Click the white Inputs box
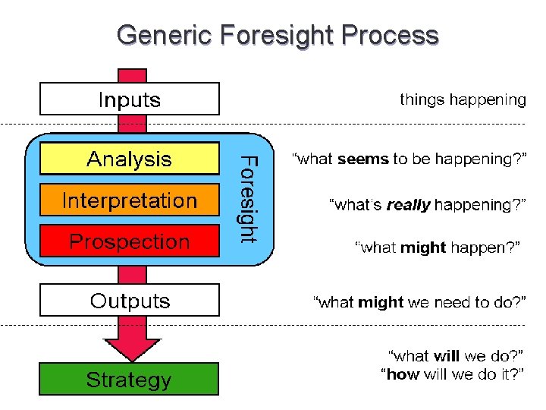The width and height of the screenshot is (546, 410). tap(129, 99)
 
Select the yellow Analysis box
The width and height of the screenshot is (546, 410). tap(129, 159)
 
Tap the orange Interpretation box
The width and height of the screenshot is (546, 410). tap(129, 200)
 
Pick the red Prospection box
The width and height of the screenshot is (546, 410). tap(129, 241)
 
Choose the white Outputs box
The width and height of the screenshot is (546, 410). tap(129, 300)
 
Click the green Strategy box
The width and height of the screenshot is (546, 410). tap(129, 379)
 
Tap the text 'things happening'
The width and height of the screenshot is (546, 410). tap(463, 99)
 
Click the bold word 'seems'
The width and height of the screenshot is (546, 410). tap(362, 159)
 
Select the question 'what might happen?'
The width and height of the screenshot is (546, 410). tap(440, 247)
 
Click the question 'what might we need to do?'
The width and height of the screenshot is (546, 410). tap(419, 302)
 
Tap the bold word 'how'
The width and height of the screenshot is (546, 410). tap(402, 374)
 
